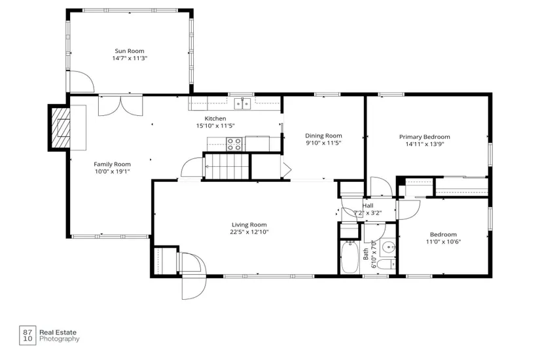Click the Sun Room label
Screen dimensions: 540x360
[x=130, y=51]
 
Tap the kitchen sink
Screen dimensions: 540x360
[x=243, y=103]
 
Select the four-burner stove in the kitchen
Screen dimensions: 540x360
[x=234, y=144]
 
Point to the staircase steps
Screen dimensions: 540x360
[x=227, y=166]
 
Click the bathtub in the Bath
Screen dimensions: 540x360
[x=350, y=257]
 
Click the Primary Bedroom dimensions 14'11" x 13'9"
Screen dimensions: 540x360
[x=425, y=145]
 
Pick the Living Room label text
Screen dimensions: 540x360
[x=249, y=225]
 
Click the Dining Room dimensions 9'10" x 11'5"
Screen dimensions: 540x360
[x=323, y=143]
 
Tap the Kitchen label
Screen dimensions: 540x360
[x=215, y=118]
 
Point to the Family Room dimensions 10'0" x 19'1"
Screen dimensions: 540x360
[x=113, y=171]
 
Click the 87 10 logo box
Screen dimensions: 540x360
[x=27, y=335]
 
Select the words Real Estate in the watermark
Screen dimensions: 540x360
[x=58, y=333]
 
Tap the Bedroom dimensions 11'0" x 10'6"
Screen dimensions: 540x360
[x=443, y=242]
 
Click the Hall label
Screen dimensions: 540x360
[x=368, y=206]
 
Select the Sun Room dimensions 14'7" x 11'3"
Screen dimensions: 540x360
[x=130, y=58]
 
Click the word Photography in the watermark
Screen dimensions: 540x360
[x=59, y=339]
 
